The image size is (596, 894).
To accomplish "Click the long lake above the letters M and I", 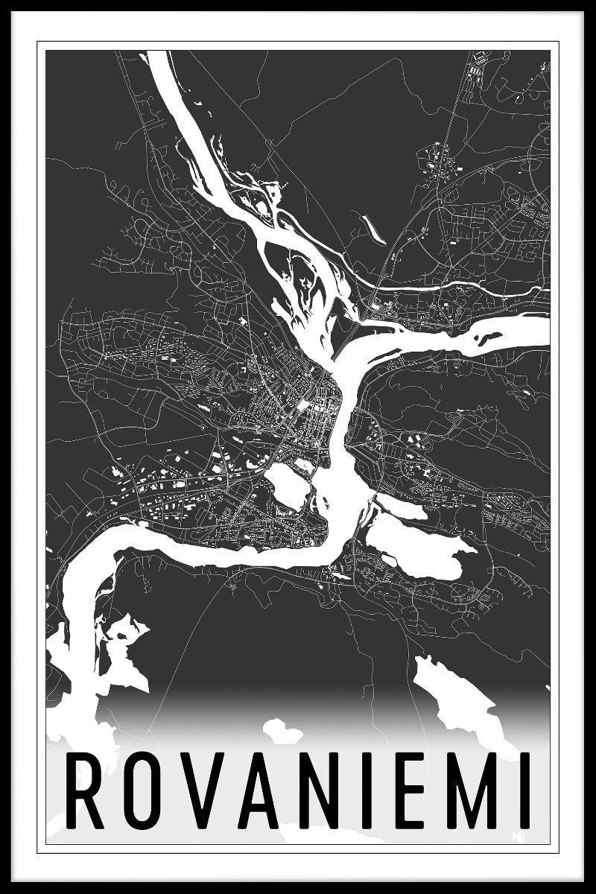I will [x=456, y=697].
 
